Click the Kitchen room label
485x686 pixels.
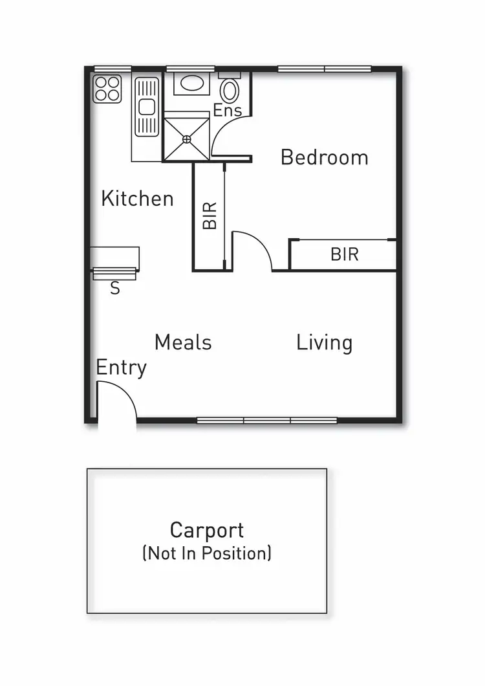[137, 198]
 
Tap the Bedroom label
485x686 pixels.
[324, 157]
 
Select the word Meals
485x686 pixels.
[183, 342]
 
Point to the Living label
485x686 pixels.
[324, 342]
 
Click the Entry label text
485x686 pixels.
[121, 368]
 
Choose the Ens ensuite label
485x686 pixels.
[228, 110]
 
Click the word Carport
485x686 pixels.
[207, 530]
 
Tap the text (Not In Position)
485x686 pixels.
[207, 553]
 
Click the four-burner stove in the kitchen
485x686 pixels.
[107, 89]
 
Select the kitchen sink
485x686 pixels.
[146, 107]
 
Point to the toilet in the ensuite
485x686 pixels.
[230, 89]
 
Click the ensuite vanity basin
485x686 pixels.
[190, 83]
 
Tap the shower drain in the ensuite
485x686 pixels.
[187, 138]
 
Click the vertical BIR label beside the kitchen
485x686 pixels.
[210, 216]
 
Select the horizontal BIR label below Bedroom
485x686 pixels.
[344, 254]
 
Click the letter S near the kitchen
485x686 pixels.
[114, 289]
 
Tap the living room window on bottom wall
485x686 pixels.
[266, 420]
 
